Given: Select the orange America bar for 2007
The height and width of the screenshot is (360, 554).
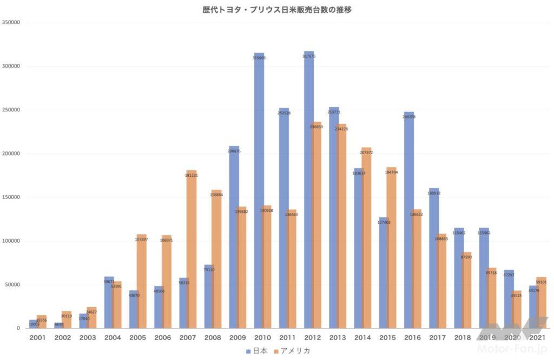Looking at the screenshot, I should point(191,249).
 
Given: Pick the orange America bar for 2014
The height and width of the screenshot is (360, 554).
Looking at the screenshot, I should point(366,238).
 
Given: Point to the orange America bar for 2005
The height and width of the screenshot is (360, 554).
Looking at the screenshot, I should point(142,281).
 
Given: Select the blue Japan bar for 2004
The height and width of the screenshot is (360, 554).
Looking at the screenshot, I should point(109,302).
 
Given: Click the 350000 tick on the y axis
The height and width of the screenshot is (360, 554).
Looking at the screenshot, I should point(11,23).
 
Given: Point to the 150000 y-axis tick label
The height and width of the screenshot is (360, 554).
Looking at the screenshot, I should point(11,197).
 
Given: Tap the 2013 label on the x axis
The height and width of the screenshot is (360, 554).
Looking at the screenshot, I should point(337,337).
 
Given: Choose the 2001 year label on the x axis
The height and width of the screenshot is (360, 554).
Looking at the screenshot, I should point(37,337).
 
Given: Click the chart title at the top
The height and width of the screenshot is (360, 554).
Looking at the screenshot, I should point(277,9).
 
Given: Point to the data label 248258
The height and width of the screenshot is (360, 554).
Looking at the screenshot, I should point(408,117).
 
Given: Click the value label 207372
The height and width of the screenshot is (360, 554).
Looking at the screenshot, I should point(366,152).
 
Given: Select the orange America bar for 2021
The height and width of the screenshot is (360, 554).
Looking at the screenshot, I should point(541,303).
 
